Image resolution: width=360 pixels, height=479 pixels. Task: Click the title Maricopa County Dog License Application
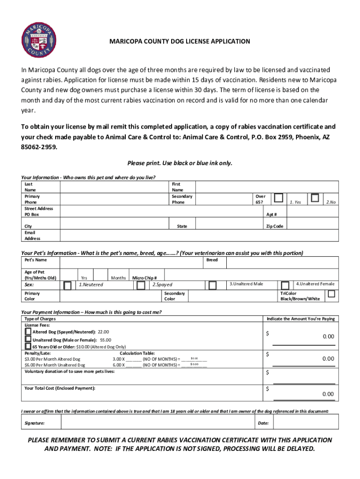click(180, 42)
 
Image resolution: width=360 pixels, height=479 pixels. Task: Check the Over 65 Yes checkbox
click(279, 197)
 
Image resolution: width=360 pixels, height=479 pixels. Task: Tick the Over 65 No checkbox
click(315, 197)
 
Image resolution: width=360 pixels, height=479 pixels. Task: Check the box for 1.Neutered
click(68, 285)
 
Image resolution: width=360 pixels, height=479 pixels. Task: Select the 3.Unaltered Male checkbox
click(213, 285)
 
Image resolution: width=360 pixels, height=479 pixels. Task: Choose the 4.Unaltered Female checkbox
click(285, 285)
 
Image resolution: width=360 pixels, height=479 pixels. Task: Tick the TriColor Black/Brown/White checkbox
click(331, 294)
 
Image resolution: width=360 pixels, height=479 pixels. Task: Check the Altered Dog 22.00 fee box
click(28, 331)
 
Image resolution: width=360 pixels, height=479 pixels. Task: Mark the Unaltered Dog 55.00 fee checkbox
click(28, 339)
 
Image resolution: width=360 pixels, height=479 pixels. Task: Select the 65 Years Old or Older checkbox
click(28, 346)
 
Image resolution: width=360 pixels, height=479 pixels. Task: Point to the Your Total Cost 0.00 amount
click(328, 394)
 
